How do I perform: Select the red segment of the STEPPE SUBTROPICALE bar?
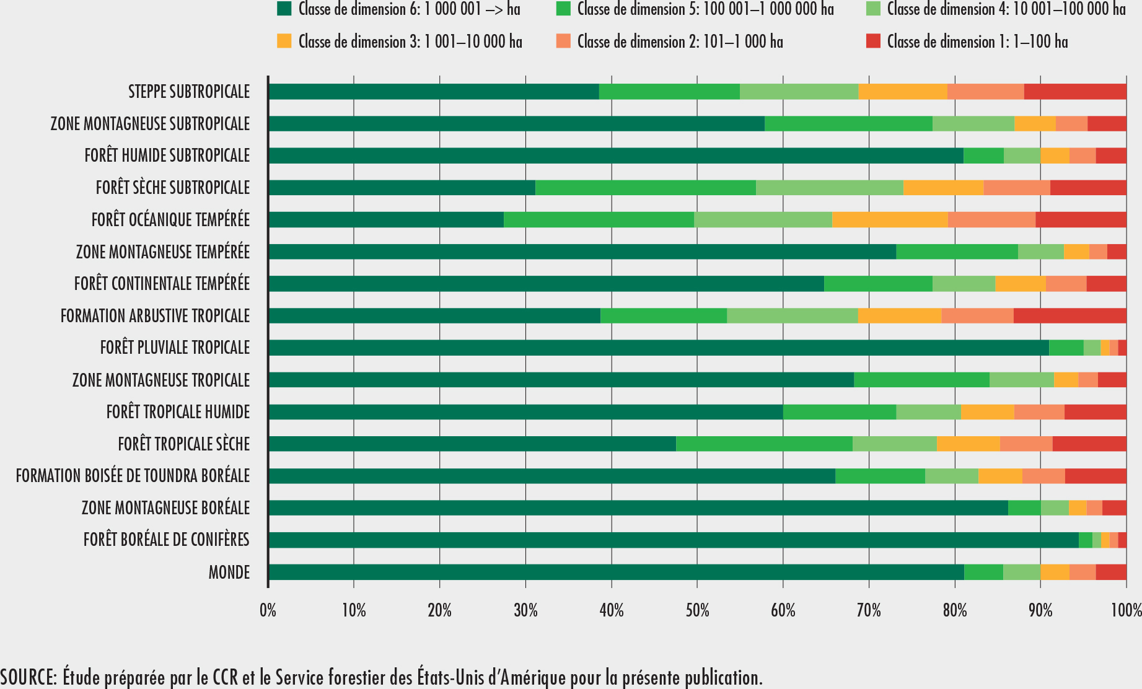1075,92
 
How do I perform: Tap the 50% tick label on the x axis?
697,611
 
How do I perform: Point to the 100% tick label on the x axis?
1126,611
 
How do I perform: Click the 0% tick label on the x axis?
268,611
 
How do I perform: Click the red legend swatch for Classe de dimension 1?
873,42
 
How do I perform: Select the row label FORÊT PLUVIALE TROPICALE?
175,348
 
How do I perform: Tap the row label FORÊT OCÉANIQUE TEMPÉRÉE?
170,219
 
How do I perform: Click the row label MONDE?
229,572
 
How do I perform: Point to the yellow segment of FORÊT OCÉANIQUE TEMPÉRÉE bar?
890,219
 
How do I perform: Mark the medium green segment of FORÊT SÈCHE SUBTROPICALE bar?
645,187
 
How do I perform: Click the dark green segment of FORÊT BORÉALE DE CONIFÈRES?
674,540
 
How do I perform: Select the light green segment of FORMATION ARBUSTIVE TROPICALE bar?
792,315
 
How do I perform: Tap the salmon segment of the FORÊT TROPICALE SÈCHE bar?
1026,444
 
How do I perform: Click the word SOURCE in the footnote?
27,677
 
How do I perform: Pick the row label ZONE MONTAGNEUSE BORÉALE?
165,508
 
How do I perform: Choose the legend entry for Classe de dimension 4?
1006,9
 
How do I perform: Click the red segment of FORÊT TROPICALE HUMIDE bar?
1095,412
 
